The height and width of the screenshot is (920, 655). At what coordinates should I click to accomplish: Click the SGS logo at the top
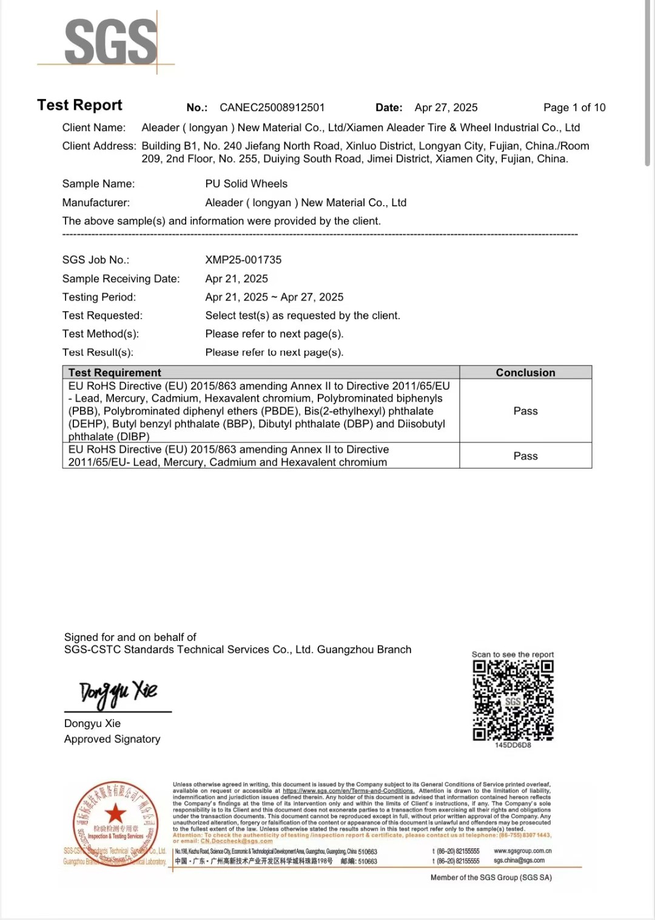[110, 41]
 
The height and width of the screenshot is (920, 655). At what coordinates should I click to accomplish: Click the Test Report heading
[79, 105]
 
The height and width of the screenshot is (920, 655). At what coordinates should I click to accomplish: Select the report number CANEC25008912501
[272, 107]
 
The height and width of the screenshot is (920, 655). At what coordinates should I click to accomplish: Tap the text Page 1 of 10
[574, 107]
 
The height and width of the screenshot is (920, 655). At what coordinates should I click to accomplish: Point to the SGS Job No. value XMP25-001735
[243, 260]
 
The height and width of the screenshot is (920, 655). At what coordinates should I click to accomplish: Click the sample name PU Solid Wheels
[246, 184]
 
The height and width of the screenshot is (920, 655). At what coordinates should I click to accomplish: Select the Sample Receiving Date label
[121, 279]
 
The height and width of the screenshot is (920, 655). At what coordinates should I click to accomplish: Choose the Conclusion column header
[525, 373]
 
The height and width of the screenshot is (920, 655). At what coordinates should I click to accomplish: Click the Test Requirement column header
[115, 373]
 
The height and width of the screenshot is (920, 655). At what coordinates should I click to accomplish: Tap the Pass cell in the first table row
[525, 411]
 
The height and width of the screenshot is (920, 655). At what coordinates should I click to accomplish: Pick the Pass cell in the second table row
[525, 456]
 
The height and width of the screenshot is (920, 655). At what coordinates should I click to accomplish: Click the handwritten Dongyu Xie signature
[118, 693]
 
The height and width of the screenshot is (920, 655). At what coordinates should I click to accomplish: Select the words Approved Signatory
[112, 739]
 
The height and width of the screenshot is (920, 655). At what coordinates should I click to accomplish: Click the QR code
[513, 700]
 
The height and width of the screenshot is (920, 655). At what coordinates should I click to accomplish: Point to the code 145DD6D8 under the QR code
[513, 745]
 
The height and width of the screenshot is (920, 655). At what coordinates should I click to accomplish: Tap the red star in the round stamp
[115, 814]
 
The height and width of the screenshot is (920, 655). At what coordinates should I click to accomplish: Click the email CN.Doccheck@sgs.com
[237, 841]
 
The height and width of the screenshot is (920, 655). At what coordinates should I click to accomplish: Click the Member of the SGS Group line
[491, 878]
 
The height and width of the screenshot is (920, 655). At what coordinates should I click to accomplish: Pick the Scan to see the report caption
[512, 654]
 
